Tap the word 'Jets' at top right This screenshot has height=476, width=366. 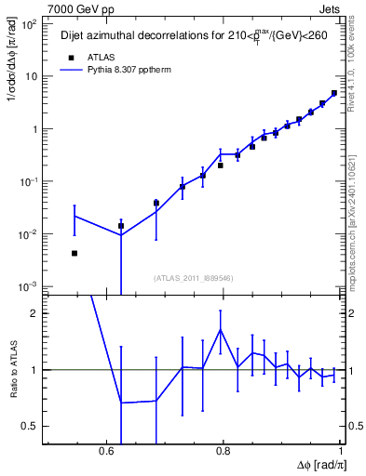(332, 7)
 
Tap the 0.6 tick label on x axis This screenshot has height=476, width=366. (109, 451)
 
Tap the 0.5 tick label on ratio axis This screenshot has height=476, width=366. (32, 426)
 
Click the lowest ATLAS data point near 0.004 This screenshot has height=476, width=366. (75, 253)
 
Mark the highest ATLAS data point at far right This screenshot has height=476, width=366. (333, 93)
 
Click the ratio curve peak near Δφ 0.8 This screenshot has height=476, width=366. (220, 329)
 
